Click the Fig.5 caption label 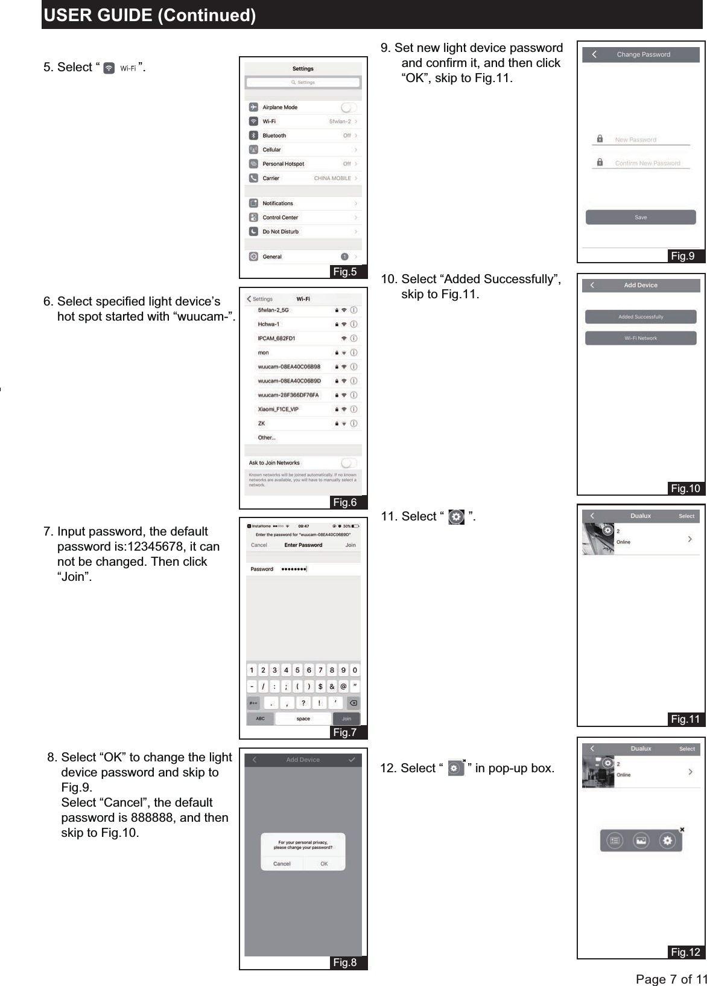pyautogui.click(x=345, y=272)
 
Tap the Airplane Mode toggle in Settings pyautogui.click(x=348, y=107)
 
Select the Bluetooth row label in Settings pyautogui.click(x=274, y=136)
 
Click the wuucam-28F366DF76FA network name pyautogui.click(x=288, y=395)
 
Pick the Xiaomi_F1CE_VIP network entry pyautogui.click(x=278, y=409)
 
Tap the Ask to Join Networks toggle pyautogui.click(x=348, y=463)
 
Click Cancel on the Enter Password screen pyautogui.click(x=259, y=545)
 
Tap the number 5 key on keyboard pyautogui.click(x=297, y=670)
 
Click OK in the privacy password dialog pyautogui.click(x=324, y=864)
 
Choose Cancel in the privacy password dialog pyautogui.click(x=282, y=864)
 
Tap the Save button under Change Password pyautogui.click(x=641, y=217)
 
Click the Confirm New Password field pyautogui.click(x=647, y=163)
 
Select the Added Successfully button pyautogui.click(x=641, y=316)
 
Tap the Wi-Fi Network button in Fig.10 pyautogui.click(x=641, y=338)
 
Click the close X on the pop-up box pyautogui.click(x=682, y=830)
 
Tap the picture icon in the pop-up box pyautogui.click(x=641, y=840)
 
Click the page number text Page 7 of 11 pyautogui.click(x=671, y=979)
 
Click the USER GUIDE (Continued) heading pyautogui.click(x=150, y=15)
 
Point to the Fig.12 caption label pyautogui.click(x=685, y=952)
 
